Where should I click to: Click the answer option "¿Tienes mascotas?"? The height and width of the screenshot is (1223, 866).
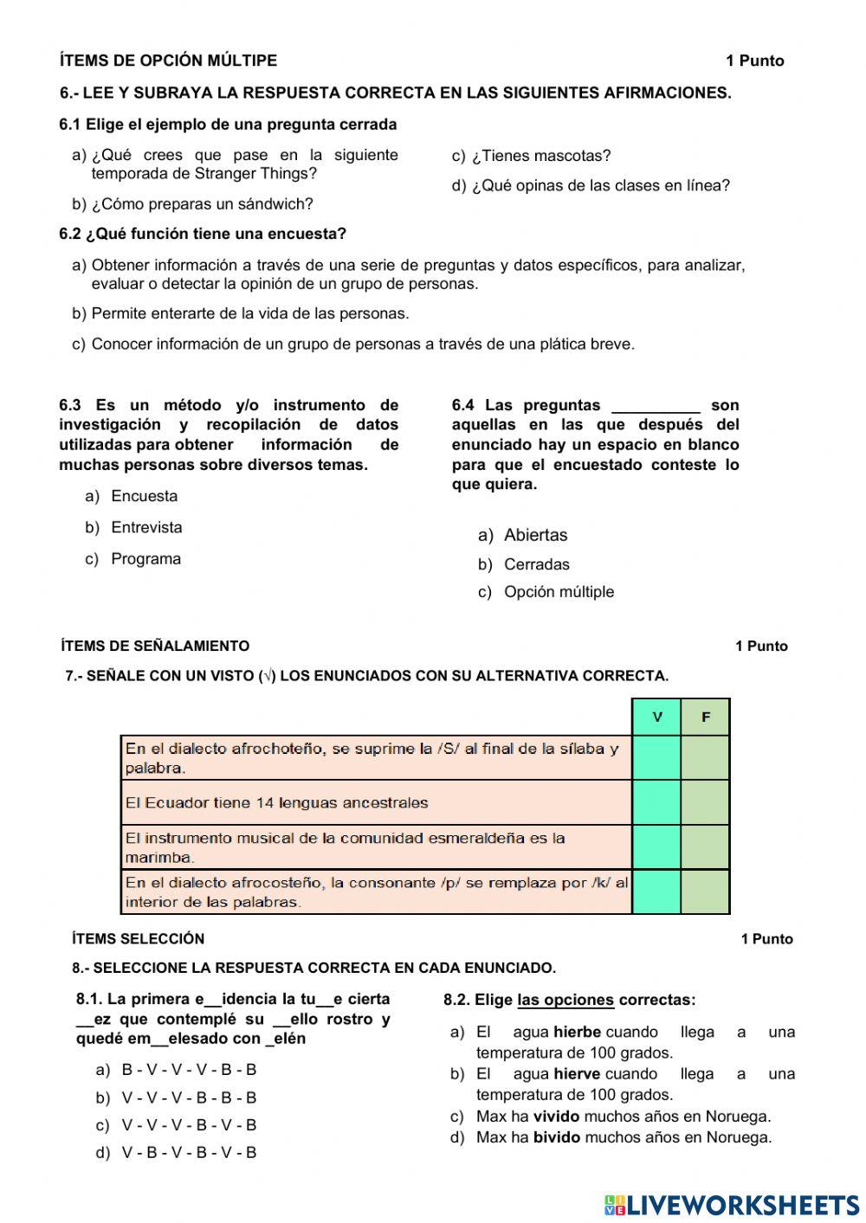click(x=541, y=156)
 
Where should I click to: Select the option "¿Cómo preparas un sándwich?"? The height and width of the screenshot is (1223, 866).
click(x=202, y=204)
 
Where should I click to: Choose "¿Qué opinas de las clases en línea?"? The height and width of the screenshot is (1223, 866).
click(x=601, y=186)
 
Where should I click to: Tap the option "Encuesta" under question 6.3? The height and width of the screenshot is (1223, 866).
click(x=144, y=496)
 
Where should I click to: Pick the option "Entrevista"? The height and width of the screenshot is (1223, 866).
click(x=146, y=527)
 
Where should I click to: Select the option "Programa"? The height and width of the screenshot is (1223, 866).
click(x=145, y=559)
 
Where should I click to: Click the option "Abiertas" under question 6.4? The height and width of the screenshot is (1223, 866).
click(x=535, y=535)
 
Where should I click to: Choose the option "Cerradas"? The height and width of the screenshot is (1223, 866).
click(x=537, y=564)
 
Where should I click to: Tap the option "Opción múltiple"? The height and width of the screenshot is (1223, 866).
click(x=559, y=592)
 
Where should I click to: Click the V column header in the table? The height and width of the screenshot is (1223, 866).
click(x=657, y=717)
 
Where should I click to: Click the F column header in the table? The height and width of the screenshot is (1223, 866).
click(x=706, y=717)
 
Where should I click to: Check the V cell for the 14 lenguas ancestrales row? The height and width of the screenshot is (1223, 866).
click(x=657, y=802)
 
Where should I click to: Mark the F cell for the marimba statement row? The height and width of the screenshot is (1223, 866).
click(x=706, y=847)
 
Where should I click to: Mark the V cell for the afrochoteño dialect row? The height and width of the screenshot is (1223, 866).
click(x=657, y=757)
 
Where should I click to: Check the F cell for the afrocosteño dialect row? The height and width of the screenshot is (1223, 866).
click(x=706, y=892)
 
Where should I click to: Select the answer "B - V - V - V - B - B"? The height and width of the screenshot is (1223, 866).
click(x=189, y=1070)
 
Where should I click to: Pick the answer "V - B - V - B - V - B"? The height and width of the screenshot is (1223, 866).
click(x=189, y=1153)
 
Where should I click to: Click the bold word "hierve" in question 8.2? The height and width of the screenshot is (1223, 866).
click(x=577, y=1074)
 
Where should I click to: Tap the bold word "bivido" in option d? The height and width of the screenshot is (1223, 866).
click(x=556, y=1137)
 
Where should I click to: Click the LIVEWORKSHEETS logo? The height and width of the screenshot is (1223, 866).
click(x=732, y=1204)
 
